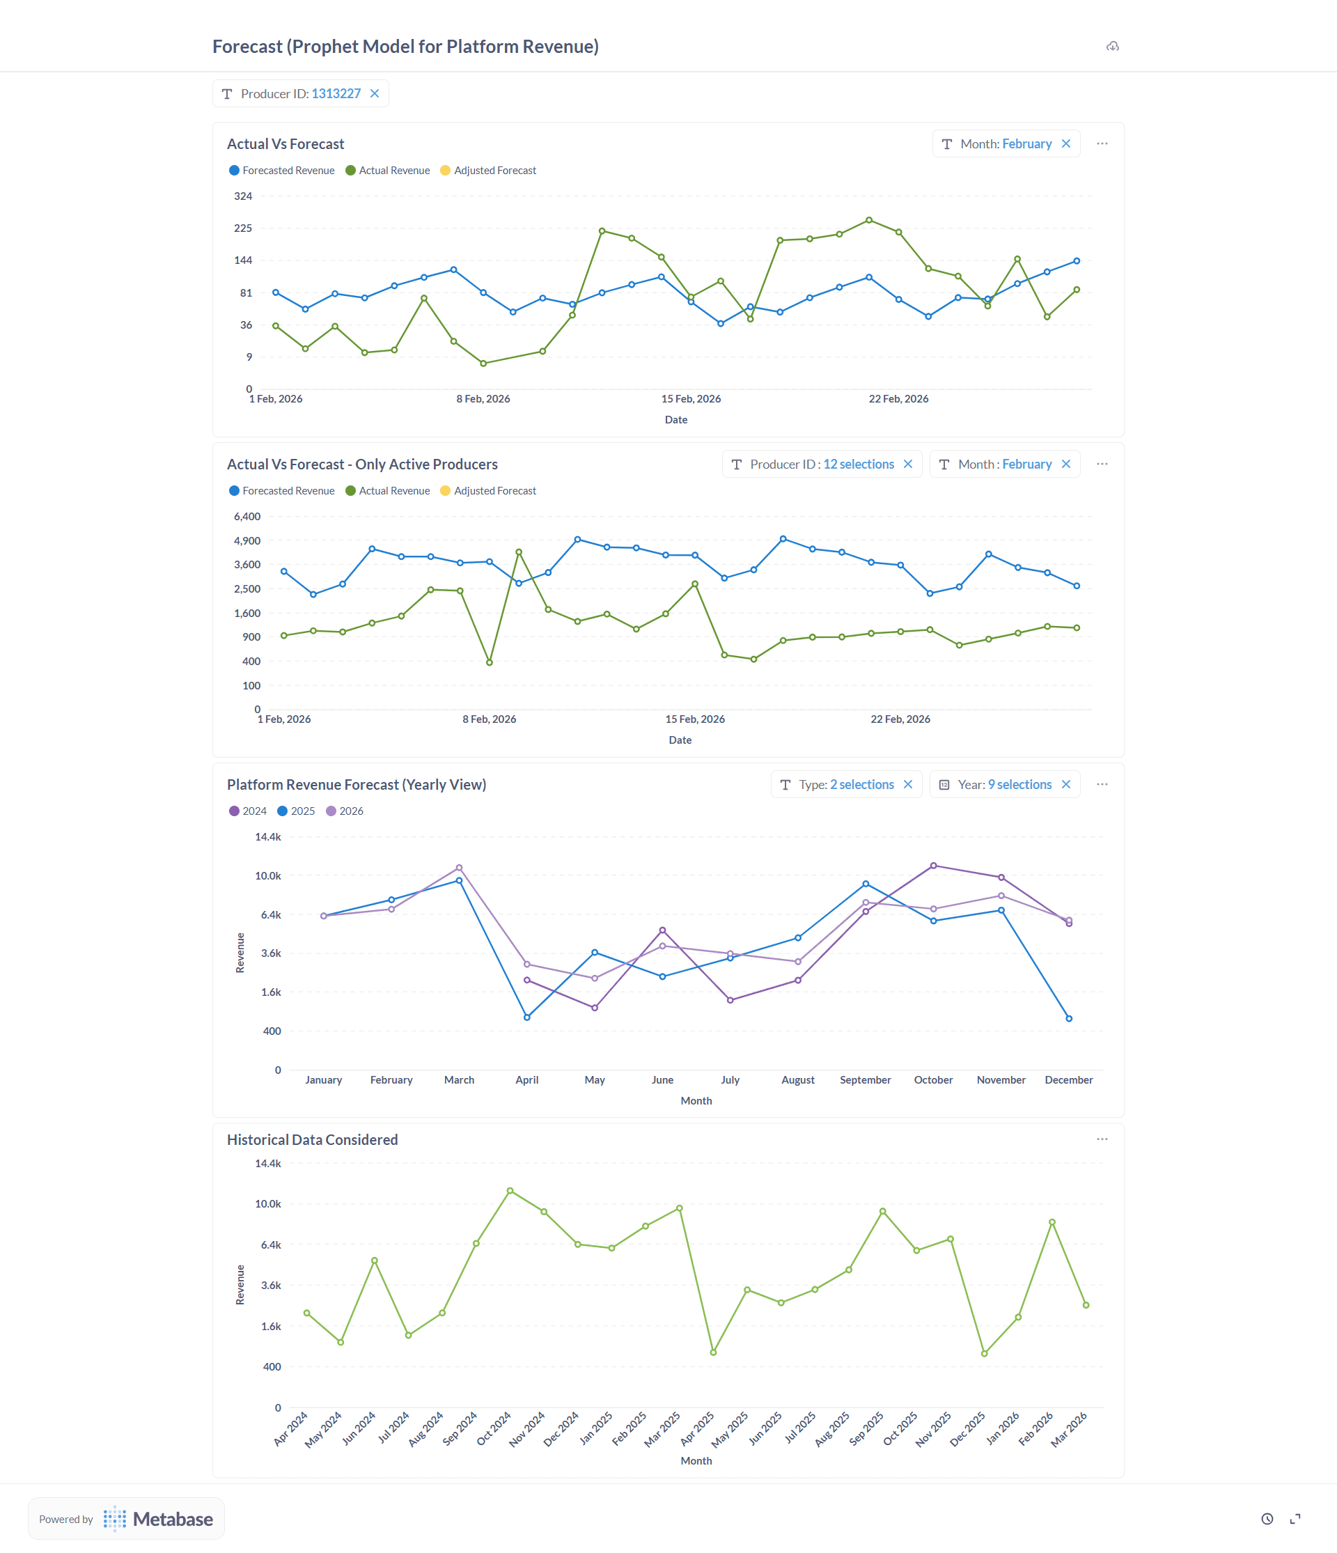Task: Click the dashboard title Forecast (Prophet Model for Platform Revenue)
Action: (405, 47)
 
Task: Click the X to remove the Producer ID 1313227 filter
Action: (375, 94)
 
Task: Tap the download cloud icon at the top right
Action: (1112, 47)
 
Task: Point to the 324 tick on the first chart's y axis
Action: (243, 196)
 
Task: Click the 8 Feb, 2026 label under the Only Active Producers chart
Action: (489, 719)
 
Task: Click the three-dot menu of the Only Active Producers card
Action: (1102, 465)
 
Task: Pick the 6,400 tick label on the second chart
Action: (247, 517)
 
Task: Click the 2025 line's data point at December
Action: (1069, 1019)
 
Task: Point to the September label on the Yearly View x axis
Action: (865, 1080)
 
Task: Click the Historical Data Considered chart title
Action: (313, 1140)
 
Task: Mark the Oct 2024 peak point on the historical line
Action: (510, 1191)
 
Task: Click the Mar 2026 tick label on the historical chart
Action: (1070, 1429)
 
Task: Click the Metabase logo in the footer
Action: (158, 1520)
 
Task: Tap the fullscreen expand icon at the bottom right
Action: (1295, 1520)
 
